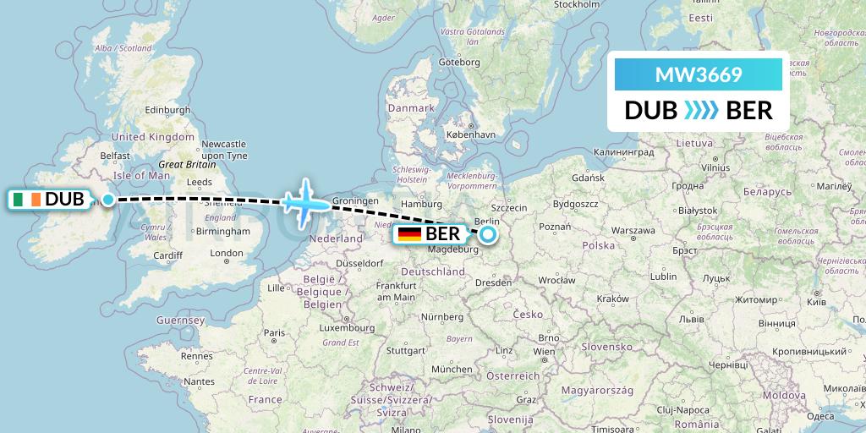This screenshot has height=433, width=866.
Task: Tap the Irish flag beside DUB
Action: [26, 200]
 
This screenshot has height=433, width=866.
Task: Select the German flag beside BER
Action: [410, 233]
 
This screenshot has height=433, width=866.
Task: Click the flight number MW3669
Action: [699, 74]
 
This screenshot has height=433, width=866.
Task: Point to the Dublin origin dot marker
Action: [108, 200]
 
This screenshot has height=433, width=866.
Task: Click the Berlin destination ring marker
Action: [488, 234]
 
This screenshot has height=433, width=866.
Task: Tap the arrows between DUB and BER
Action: [701, 111]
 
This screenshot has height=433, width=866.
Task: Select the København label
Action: [469, 134]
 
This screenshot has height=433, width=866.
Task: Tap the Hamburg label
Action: [423, 204]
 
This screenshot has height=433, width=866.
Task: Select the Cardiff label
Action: [168, 255]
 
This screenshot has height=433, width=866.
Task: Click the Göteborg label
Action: [459, 62]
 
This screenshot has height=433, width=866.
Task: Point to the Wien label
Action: [544, 351]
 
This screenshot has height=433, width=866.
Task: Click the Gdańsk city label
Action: [588, 178]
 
